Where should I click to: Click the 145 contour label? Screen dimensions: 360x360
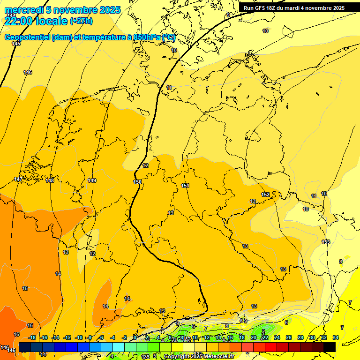click(16, 44)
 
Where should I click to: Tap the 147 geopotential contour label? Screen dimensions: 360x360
click(18, 180)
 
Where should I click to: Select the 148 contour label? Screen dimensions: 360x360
click(50, 180)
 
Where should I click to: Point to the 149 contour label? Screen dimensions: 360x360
click(92, 180)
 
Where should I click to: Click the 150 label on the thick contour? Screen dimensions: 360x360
click(137, 182)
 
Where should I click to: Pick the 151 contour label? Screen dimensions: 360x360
click(185, 186)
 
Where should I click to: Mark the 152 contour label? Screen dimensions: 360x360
click(265, 195)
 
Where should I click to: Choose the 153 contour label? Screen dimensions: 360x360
click(326, 242)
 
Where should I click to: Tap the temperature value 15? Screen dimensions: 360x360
click(25, 288)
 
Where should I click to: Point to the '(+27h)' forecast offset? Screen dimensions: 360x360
click(81, 21)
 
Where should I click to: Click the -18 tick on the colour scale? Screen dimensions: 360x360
click(32, 337)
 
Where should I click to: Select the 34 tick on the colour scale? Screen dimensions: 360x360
click(335, 337)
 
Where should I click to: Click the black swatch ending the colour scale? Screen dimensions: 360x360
click(330, 346)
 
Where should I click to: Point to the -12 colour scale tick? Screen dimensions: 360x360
click(67, 337)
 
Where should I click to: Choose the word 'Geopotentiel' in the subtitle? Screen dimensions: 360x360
click(27, 37)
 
